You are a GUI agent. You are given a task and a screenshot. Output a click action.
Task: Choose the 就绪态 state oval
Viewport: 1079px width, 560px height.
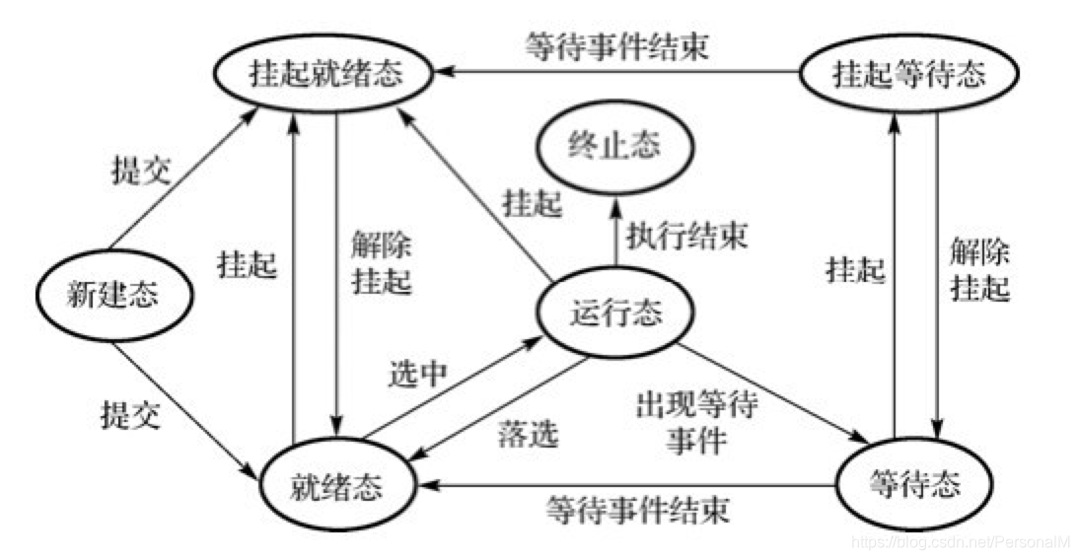pyautogui.click(x=336, y=487)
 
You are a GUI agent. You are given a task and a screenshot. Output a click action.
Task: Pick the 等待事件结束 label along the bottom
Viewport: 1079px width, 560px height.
pyautogui.click(x=637, y=510)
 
